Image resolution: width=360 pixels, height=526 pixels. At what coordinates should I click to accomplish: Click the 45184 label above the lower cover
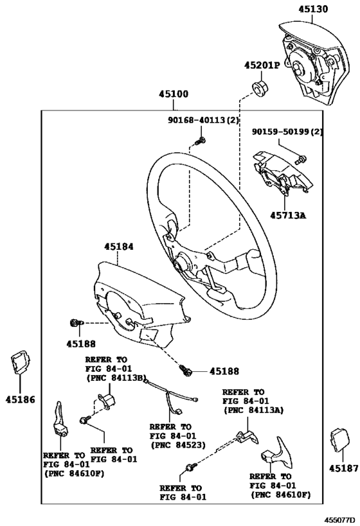(117, 245)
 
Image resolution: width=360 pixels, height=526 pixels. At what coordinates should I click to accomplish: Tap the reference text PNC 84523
(172, 444)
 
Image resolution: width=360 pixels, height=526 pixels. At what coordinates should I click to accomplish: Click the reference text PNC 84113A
(253, 409)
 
